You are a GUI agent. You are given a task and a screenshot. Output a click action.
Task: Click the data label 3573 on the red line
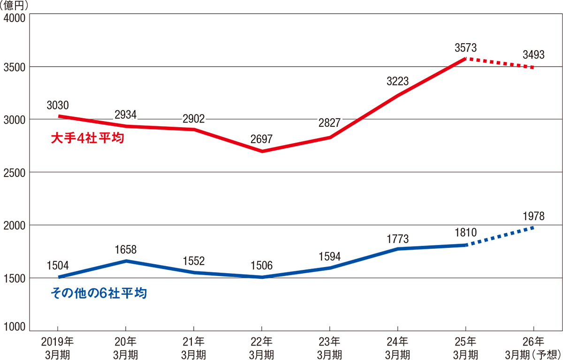465,47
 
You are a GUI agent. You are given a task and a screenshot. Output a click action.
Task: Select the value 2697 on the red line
261,139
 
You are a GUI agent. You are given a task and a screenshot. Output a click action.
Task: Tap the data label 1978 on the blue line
533,216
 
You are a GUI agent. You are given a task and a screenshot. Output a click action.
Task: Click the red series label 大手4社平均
87,139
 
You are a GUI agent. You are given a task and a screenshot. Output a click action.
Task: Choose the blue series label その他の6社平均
98,294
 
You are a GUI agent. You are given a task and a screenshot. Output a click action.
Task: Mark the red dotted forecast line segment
499,63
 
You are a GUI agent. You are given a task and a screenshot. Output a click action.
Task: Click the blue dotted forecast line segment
499,237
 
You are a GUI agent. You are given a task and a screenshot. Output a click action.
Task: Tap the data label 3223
397,81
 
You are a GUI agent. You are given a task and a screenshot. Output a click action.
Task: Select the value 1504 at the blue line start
58,266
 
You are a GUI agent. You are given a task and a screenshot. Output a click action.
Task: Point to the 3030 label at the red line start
58,105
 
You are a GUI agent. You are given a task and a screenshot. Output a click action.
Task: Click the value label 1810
465,232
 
